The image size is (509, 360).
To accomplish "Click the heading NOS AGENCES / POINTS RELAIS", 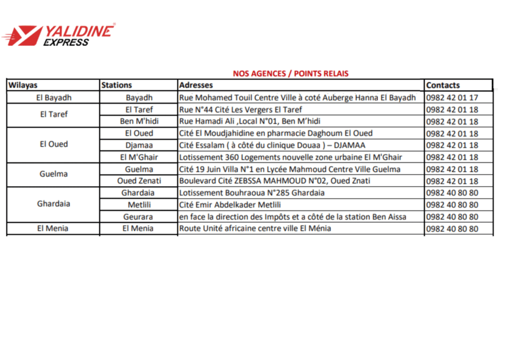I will point(291,74).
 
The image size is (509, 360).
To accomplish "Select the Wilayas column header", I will point(23,85).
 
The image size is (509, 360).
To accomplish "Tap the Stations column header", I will point(117,85).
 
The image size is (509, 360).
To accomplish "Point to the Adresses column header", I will point(196,85).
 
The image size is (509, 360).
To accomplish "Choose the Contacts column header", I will point(443,85).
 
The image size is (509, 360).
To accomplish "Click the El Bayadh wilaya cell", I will point(53,97).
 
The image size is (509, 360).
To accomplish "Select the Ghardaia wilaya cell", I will point(53,204).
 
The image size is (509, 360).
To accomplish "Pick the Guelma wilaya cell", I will point(53,174).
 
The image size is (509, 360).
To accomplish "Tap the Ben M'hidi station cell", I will point(139,121).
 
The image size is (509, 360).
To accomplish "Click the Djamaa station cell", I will point(139,145).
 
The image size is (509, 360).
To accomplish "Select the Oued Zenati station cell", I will point(139,181).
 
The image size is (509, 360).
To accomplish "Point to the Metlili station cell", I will point(139,204).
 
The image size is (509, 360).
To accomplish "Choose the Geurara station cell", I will point(139,217).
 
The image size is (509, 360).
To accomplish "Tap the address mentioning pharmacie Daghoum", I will point(276,134).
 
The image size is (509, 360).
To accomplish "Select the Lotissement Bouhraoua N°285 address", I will point(252,193).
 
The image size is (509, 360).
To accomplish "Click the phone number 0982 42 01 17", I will point(452,98).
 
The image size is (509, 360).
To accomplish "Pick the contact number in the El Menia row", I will point(452,229).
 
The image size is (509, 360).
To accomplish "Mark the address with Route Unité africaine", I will point(255,229).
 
